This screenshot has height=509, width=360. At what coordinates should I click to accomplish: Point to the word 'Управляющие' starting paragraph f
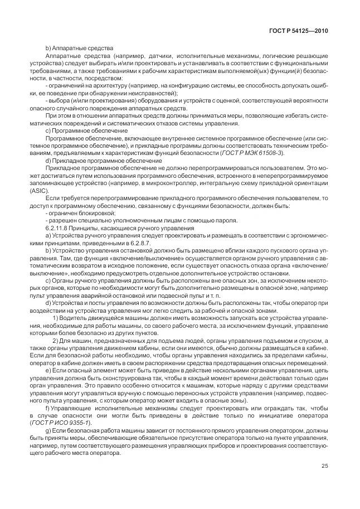click(71, 408)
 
